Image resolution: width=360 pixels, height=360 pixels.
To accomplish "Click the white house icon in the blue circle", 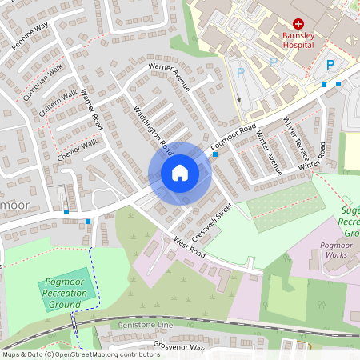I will coord(180,172).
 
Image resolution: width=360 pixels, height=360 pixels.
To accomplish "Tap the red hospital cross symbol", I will coord(298,26).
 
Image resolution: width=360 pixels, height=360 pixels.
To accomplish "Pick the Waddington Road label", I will coord(153,130).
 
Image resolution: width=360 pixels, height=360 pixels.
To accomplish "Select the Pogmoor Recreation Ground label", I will coord(66,294).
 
